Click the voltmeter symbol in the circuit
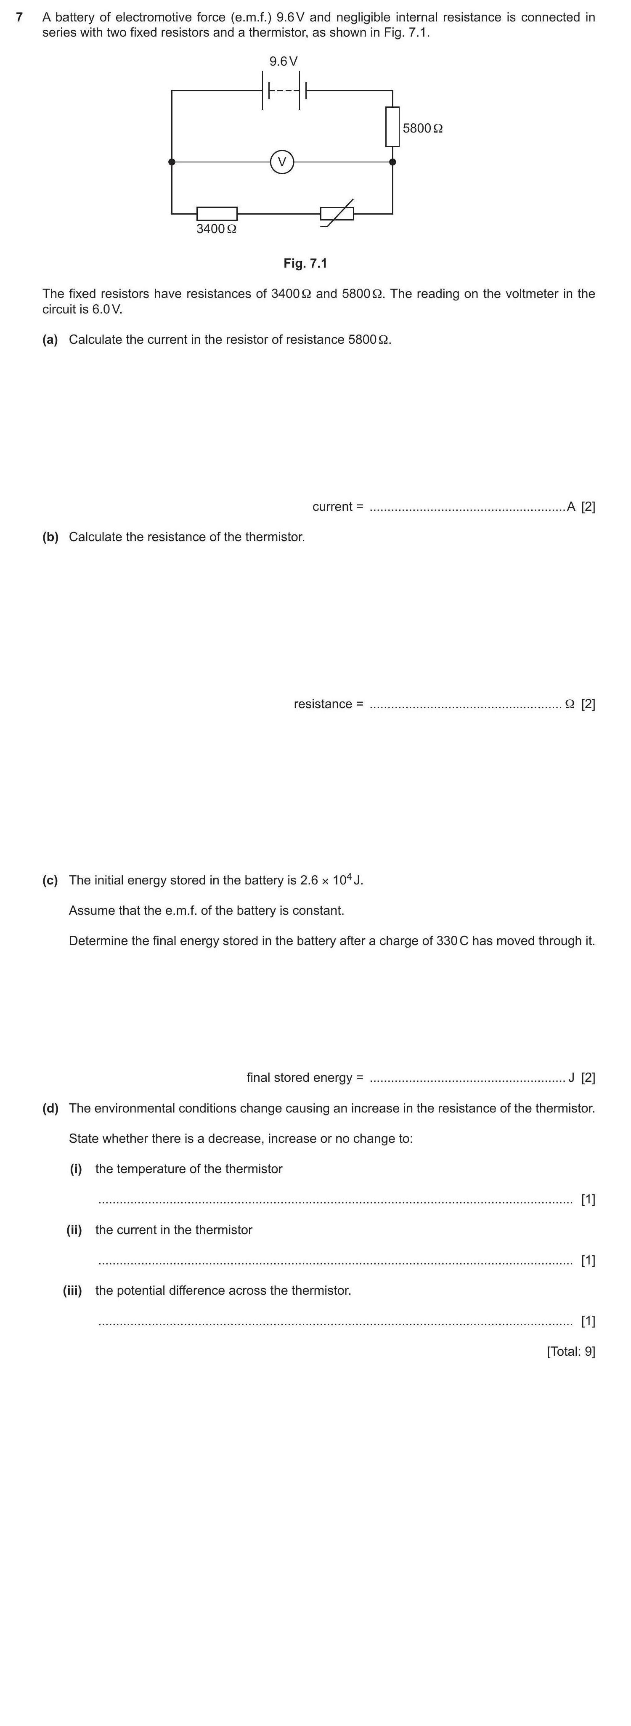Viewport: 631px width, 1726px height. (282, 162)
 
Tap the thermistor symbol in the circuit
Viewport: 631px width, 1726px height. (337, 214)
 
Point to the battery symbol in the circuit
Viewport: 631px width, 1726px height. (284, 90)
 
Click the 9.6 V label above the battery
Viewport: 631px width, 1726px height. (284, 61)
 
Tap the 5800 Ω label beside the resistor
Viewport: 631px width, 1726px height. (423, 128)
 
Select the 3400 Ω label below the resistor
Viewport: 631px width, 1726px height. (216, 229)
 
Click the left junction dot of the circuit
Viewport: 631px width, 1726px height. (172, 162)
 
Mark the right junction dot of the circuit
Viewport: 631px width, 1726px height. (392, 162)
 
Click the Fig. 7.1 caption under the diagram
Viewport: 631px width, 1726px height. (305, 263)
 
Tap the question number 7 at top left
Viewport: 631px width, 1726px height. (19, 17)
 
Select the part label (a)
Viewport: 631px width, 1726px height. (50, 340)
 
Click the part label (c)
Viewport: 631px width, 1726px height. (50, 880)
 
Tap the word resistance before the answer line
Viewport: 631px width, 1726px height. (323, 704)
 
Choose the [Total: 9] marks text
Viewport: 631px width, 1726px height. (571, 1352)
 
